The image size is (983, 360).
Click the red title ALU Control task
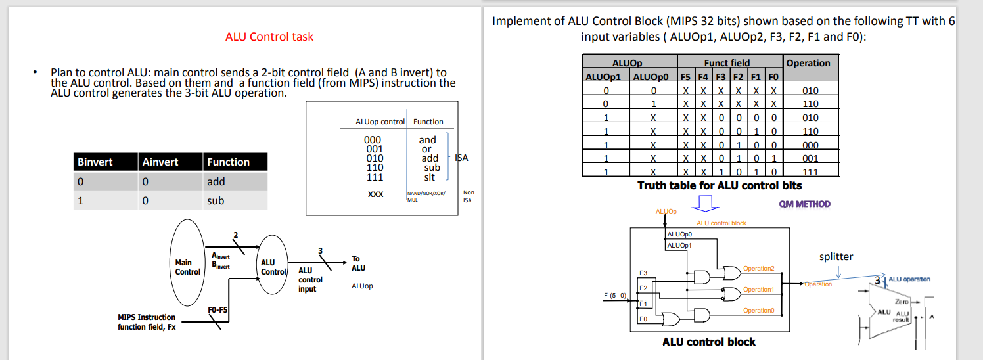pos(269,37)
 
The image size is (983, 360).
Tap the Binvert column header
pos(95,162)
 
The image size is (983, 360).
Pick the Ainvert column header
pos(160,162)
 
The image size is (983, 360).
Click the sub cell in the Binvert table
pos(216,201)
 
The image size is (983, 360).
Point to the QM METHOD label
pos(804,204)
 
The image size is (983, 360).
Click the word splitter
pos(836,257)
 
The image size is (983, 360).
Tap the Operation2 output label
pos(758,269)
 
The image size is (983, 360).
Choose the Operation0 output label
pos(758,311)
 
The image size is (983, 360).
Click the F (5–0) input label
pos(615,295)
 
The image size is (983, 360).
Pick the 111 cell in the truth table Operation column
pos(810,172)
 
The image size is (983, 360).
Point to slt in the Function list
pos(429,177)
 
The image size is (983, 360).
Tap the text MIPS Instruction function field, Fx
pos(147,322)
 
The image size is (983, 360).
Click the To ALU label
pos(358,263)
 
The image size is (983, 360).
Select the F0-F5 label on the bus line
pos(217,309)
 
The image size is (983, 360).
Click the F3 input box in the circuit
pos(643,273)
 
